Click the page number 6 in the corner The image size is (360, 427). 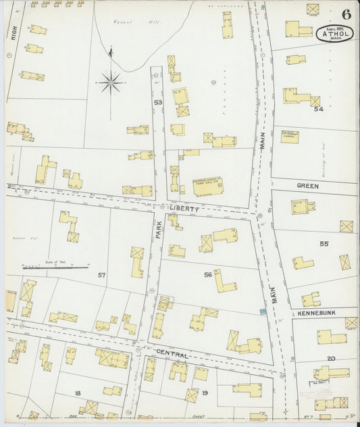pyautogui.click(x=346, y=14)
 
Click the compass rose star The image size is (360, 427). pyautogui.click(x=109, y=83)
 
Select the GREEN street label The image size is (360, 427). pyautogui.click(x=308, y=184)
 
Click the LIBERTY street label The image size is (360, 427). pyautogui.click(x=185, y=209)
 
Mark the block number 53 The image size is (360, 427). pyautogui.click(x=158, y=103)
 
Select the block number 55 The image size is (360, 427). pyautogui.click(x=324, y=243)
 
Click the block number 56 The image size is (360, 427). pyautogui.click(x=208, y=274)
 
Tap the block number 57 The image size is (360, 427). pyautogui.click(x=102, y=275)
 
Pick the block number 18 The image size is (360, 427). pyautogui.click(x=78, y=393)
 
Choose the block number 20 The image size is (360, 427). pyautogui.click(x=331, y=358)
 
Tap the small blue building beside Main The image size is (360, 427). pyautogui.click(x=263, y=311)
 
